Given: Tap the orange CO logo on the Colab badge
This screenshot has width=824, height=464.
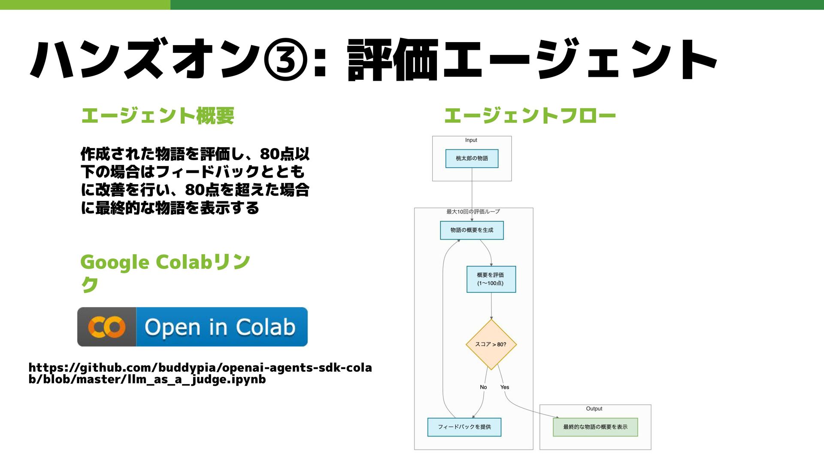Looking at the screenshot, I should click(x=107, y=327).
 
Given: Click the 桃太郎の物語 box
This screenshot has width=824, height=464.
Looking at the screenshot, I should click(x=472, y=158).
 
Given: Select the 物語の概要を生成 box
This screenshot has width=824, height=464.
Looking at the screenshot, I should click(x=472, y=230).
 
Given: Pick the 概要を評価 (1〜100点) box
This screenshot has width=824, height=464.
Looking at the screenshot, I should click(x=491, y=279).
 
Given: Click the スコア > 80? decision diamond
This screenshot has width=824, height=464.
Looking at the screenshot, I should click(x=491, y=344).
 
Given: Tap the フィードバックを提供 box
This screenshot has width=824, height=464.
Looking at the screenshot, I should click(x=464, y=427).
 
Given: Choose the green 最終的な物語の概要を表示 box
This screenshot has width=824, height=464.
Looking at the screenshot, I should click(x=595, y=427).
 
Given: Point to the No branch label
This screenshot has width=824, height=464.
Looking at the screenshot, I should click(x=483, y=387).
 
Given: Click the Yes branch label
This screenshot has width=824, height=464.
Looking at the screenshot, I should click(x=505, y=387).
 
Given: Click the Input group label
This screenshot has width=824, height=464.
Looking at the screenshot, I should click(x=471, y=140).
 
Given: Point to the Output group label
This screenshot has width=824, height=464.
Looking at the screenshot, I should click(x=594, y=409).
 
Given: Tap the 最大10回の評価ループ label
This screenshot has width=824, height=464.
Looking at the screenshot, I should click(x=473, y=212).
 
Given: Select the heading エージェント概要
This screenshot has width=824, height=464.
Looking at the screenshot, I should click(x=158, y=116).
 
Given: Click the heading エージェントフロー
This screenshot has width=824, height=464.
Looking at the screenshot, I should click(x=530, y=116).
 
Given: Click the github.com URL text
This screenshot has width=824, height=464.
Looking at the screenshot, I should click(x=200, y=373).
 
